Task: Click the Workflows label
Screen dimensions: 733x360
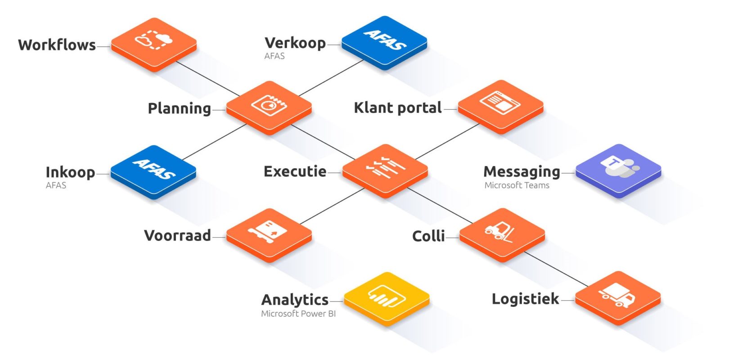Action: (57, 45)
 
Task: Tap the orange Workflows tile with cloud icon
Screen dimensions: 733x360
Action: (154, 45)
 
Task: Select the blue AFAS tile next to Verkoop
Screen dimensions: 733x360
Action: (384, 43)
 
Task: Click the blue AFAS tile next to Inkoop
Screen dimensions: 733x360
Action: (153, 172)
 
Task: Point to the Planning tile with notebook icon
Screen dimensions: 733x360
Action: (269, 108)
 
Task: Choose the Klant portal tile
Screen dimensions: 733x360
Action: (501, 107)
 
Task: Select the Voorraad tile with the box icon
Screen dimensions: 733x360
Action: (269, 235)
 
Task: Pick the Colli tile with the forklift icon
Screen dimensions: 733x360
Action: (502, 235)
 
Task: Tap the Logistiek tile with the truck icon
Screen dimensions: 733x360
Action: (618, 298)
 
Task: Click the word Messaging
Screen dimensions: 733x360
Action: (522, 172)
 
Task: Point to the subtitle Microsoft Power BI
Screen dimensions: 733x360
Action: (298, 314)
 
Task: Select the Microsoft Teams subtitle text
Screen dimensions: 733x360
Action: (517, 185)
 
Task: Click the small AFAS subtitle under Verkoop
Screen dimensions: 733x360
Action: (274, 56)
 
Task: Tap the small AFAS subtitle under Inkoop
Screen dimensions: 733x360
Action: (56, 185)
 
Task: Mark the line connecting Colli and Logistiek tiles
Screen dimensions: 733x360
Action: (556, 270)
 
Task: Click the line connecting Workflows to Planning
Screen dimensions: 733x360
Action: (208, 79)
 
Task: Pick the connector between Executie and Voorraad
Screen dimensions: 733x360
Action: (332, 206)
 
